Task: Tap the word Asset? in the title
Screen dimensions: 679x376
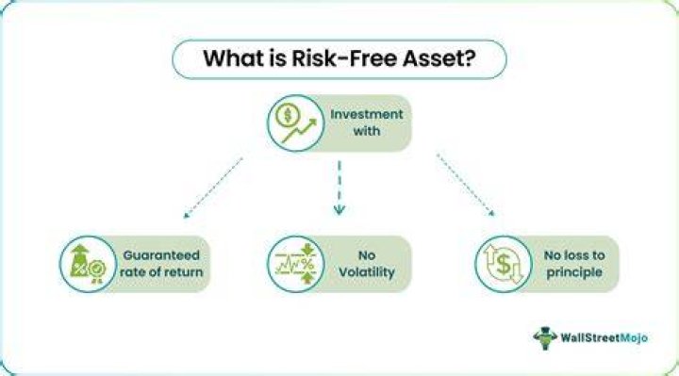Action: pyautogui.click(x=439, y=58)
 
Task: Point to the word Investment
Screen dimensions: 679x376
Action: pyautogui.click(x=366, y=114)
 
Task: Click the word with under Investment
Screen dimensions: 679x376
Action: pyautogui.click(x=366, y=131)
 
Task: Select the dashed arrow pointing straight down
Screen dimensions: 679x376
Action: pyautogui.click(x=339, y=188)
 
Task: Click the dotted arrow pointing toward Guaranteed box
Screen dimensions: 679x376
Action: pyautogui.click(x=212, y=188)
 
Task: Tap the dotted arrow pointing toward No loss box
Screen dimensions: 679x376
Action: pyautogui.click(x=465, y=185)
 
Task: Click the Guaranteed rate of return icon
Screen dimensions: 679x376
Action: pyautogui.click(x=88, y=264)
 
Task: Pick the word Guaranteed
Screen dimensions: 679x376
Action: pyautogui.click(x=161, y=255)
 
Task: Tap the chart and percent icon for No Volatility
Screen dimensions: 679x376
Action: pyautogui.click(x=296, y=264)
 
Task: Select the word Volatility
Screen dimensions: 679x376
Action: pyautogui.click(x=366, y=272)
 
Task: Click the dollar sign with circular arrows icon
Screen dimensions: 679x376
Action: pyautogui.click(x=504, y=264)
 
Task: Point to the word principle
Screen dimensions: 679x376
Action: pyautogui.click(x=574, y=272)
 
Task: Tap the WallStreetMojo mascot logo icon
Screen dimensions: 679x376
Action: pyautogui.click(x=545, y=338)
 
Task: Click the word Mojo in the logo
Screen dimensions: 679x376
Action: pyautogui.click(x=634, y=337)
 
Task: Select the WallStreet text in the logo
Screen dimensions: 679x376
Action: pyautogui.click(x=590, y=337)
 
